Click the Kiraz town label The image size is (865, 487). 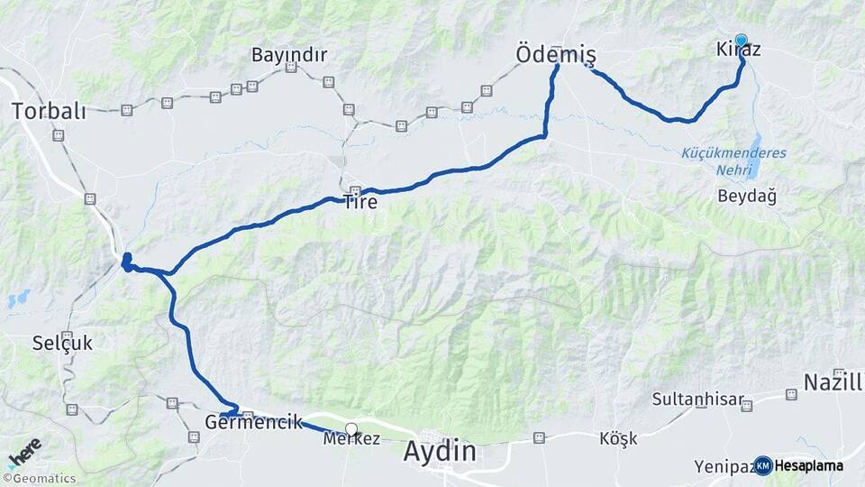[x=738, y=51]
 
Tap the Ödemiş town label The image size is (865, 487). [x=556, y=54]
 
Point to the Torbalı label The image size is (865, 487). [x=49, y=112]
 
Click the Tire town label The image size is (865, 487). [x=360, y=203]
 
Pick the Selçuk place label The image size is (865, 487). [x=62, y=343]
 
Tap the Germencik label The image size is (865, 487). [x=253, y=422]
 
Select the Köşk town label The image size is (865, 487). [x=618, y=439]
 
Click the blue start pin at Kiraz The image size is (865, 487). [x=741, y=40]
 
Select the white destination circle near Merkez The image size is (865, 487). [x=351, y=430]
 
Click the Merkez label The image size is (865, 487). [x=351, y=439]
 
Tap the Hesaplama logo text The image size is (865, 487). [x=808, y=465]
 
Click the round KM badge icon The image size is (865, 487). [x=763, y=465]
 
